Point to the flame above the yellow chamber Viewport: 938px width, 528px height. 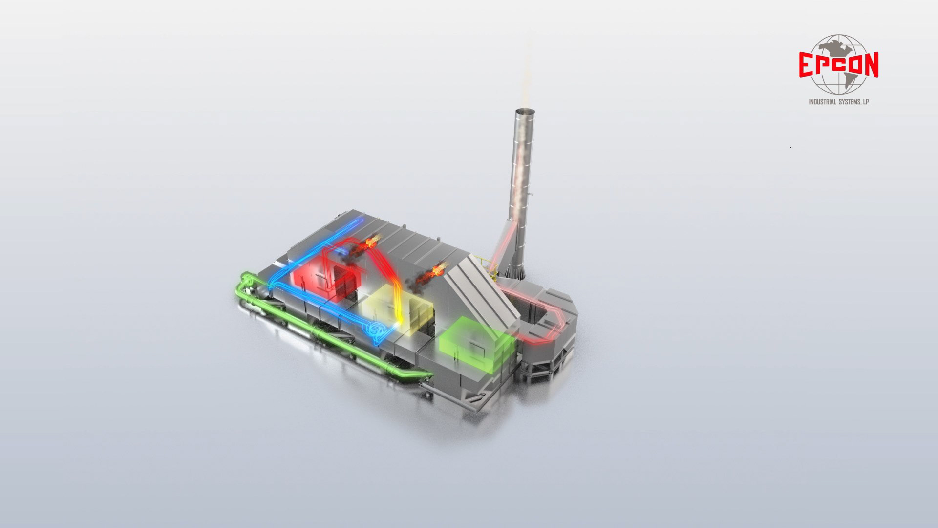(427, 274)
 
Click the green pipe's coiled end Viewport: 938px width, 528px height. (246, 281)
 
